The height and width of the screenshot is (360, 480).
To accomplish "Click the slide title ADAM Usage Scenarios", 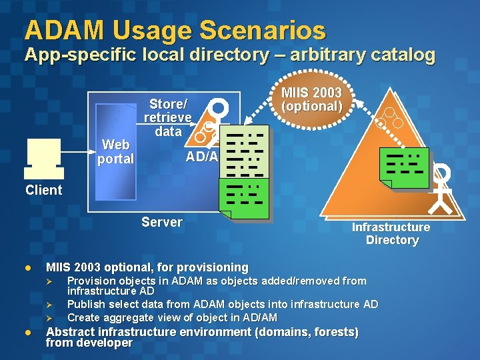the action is [175, 30].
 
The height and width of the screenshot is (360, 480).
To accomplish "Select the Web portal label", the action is [115, 152].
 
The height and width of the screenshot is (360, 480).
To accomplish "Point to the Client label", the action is [43, 190].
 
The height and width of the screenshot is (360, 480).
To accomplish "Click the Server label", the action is [162, 222].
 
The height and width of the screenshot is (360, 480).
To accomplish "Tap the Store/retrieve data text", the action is [168, 117].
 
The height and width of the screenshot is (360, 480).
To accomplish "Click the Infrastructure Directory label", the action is [391, 233].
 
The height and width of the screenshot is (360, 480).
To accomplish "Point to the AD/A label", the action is [201, 157].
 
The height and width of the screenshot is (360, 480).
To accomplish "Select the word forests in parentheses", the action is [331, 331].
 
